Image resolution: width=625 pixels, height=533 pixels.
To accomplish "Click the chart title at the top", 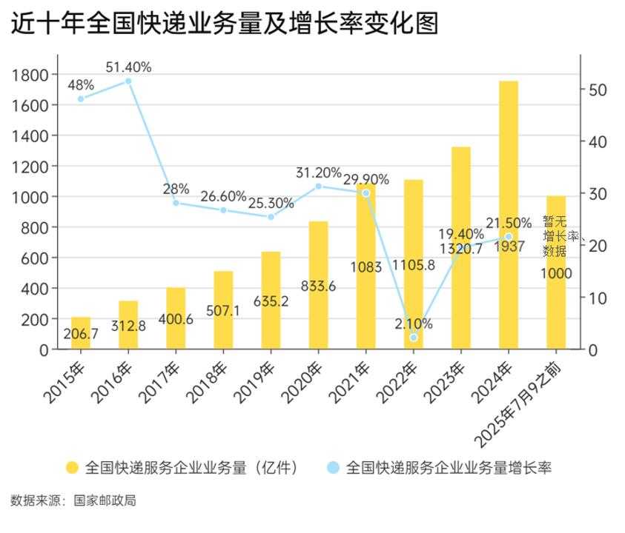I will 225,24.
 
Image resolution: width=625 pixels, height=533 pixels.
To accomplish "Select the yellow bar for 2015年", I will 81,333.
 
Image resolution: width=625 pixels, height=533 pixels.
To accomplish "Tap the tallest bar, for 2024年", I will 508,215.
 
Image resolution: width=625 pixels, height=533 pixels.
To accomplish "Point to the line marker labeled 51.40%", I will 128,81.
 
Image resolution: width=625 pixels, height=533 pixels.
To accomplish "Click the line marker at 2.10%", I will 414,338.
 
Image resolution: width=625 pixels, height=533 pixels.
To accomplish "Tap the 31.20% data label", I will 319,172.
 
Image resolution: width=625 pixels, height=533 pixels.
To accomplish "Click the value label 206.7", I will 81,335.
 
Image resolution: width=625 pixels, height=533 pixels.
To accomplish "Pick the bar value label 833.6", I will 319,286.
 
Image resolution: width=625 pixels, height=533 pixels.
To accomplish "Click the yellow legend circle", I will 72,467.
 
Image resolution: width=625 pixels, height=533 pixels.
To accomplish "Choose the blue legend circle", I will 333,467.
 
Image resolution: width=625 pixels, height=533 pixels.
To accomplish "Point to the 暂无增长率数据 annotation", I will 555,235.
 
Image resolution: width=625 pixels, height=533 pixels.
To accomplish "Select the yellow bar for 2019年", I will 271,300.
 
